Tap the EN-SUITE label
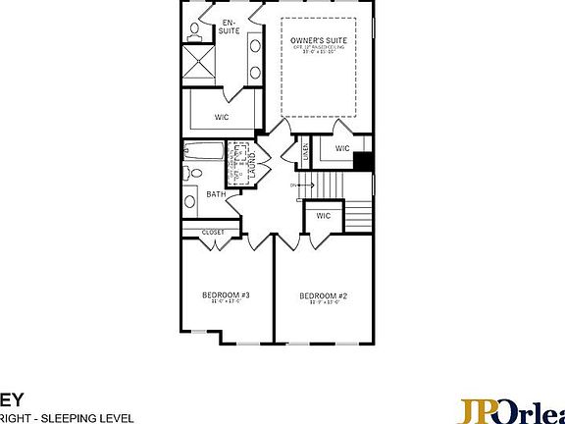(x=229, y=26)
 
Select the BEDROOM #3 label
(x=227, y=295)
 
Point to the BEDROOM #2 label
(x=324, y=295)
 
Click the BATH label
(x=216, y=194)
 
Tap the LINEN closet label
(x=305, y=151)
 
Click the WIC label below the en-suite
(x=223, y=117)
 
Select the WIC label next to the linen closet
(x=341, y=148)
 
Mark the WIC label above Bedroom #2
(x=322, y=215)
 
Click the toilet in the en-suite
(x=193, y=29)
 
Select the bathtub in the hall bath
(x=204, y=151)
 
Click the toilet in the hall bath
(x=192, y=175)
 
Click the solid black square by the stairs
(x=363, y=163)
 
